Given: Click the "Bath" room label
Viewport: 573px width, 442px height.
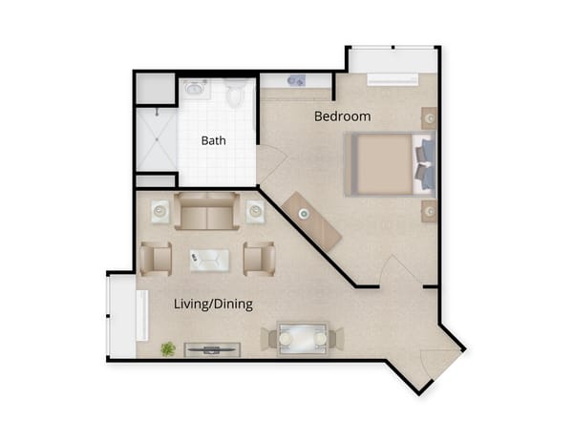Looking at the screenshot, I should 213,140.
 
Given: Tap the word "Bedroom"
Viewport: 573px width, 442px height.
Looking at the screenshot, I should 343,116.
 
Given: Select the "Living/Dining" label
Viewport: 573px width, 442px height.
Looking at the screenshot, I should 213,305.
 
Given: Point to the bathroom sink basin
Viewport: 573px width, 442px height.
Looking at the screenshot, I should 196,90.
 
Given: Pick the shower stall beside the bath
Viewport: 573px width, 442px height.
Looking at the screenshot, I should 156,139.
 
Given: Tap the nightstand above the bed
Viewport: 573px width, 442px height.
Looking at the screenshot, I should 430,118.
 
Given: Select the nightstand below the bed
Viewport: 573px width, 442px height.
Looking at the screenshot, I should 430,211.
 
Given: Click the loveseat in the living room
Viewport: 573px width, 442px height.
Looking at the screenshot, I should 205,212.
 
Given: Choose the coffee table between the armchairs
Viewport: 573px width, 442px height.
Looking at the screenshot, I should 209,258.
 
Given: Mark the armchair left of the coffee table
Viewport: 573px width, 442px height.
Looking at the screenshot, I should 155,258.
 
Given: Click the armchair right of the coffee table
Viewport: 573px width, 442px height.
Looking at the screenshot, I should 259,259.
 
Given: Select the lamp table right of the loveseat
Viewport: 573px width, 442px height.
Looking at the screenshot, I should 256,211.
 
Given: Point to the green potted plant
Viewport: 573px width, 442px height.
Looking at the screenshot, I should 168,349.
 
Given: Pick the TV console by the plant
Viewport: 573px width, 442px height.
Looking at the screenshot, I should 211,349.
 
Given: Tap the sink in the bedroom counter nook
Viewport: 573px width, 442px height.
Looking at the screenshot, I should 295,80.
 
